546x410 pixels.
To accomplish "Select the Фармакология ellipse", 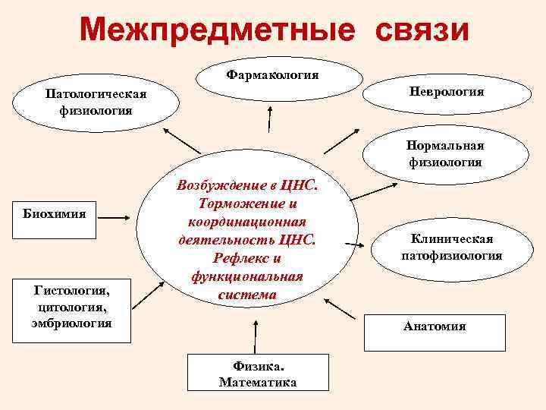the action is click(x=273, y=76).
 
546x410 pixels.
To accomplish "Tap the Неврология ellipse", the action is click(x=447, y=92).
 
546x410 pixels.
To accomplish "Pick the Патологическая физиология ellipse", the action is click(x=96, y=102).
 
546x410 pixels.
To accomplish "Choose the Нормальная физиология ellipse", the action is click(x=444, y=154).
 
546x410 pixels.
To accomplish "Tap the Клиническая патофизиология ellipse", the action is click(x=451, y=248).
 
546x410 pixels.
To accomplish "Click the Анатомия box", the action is click(x=435, y=327).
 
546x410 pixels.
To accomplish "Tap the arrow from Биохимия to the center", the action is click(x=117, y=219).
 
